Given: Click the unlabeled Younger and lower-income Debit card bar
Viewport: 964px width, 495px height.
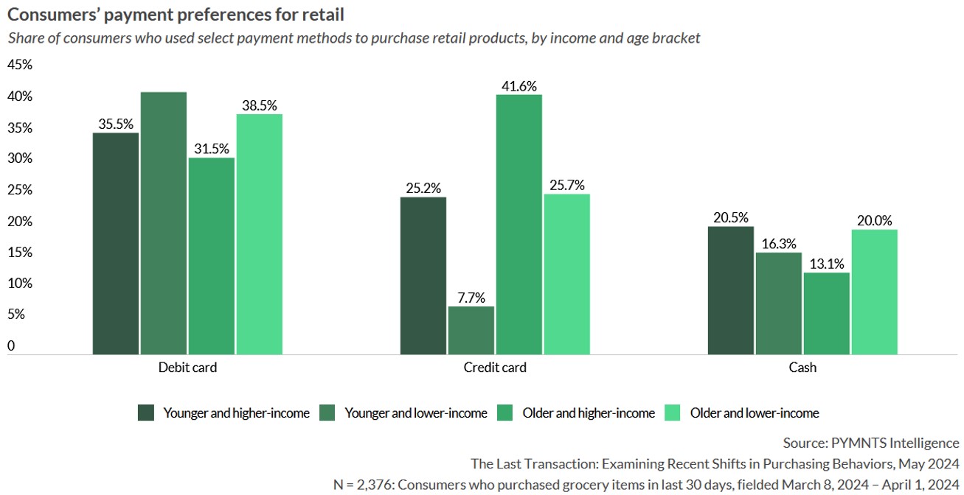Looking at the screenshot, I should (x=163, y=223).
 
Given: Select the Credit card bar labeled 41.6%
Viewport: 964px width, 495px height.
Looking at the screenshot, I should (x=519, y=225).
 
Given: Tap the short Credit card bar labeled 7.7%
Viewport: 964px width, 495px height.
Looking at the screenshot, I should (x=471, y=330).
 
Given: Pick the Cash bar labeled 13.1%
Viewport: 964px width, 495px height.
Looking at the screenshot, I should (x=826, y=314).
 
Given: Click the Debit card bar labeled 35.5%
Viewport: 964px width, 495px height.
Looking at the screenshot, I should (x=115, y=244).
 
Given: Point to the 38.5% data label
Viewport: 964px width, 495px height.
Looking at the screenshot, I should (x=259, y=105).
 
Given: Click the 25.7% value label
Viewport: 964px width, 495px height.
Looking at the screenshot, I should (x=566, y=186).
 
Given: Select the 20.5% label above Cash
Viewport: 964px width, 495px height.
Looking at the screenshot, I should (x=730, y=217).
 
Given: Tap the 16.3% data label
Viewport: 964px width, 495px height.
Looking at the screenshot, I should (x=778, y=244).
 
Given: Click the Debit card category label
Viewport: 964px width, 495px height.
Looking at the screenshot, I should (x=187, y=367).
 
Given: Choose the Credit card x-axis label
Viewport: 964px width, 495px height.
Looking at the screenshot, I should (x=495, y=367).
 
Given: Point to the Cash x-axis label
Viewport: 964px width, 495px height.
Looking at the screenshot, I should (x=802, y=367).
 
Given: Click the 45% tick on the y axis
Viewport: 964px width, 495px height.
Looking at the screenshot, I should (x=20, y=65).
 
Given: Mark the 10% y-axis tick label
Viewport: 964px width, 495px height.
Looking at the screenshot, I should (x=20, y=284).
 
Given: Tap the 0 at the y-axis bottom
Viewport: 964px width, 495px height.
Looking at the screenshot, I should (x=11, y=345).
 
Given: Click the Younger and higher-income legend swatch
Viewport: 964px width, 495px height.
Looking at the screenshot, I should (x=146, y=413).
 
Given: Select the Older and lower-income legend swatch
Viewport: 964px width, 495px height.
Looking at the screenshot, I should (x=673, y=413).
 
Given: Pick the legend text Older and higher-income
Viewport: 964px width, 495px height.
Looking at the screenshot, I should (x=589, y=413).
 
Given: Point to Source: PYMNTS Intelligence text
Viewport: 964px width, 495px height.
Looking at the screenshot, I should (x=871, y=443).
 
